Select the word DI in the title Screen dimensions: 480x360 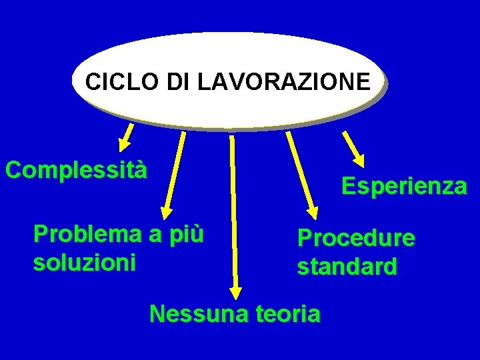(177, 82)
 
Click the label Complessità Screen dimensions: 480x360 (75, 169)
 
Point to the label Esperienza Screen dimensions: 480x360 (404, 186)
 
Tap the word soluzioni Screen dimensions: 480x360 (84, 261)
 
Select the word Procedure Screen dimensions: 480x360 (356, 238)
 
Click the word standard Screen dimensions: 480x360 (347, 267)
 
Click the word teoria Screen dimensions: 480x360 (285, 313)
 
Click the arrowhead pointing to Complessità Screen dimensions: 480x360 (123, 145)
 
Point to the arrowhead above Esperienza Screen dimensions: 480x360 (359, 159)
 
